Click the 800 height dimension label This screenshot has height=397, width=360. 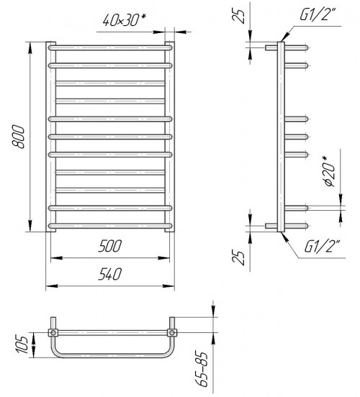(19, 137)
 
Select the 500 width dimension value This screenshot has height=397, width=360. (110, 246)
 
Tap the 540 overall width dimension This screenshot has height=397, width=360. (110, 274)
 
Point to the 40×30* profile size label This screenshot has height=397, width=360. (125, 20)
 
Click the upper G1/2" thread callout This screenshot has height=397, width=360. (318, 14)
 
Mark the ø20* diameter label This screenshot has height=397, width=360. (329, 171)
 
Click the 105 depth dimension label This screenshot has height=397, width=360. (22, 344)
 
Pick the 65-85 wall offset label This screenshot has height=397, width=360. (203, 370)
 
